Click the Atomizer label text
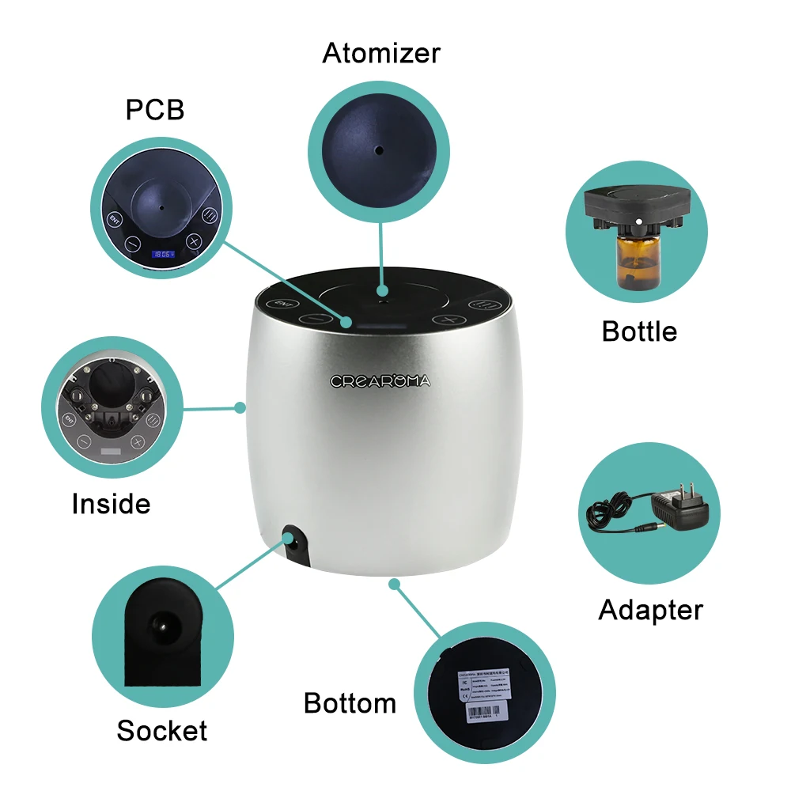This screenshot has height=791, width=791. pyautogui.click(x=380, y=54)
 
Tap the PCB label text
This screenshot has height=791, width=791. pyautogui.click(x=155, y=110)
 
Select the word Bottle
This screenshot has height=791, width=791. pyautogui.click(x=639, y=331)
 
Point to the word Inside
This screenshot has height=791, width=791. pyautogui.click(x=111, y=503)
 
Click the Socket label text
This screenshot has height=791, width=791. pyautogui.click(x=162, y=730)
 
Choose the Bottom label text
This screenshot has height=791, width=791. pyautogui.click(x=350, y=702)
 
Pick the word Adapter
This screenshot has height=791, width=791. pyautogui.click(x=650, y=610)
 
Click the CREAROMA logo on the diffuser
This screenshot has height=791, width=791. pyautogui.click(x=380, y=381)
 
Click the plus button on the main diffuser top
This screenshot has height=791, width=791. pyautogui.click(x=451, y=320)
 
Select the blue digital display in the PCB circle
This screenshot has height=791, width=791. pyautogui.click(x=164, y=255)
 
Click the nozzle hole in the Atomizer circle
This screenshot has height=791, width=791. pyautogui.click(x=379, y=149)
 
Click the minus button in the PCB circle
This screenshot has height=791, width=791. pyautogui.click(x=132, y=244)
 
